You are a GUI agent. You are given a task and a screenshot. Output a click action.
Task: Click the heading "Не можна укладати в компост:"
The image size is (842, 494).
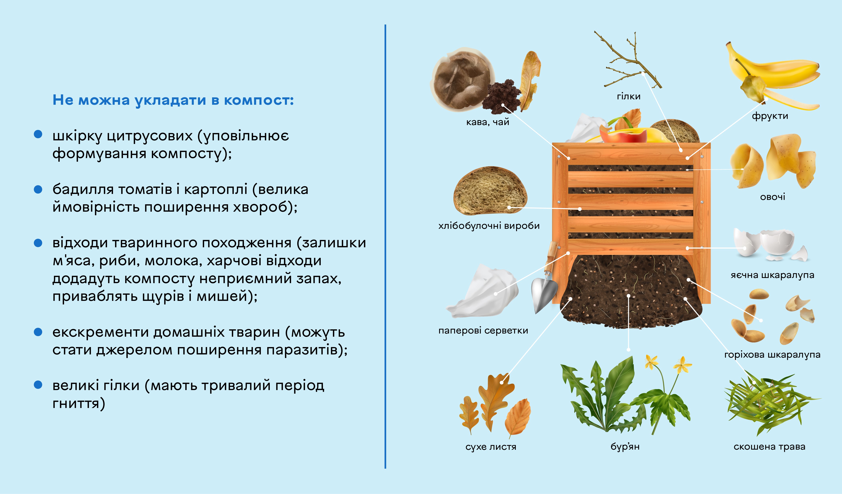[173, 100]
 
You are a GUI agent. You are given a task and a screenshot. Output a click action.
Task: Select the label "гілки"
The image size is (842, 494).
[629, 96]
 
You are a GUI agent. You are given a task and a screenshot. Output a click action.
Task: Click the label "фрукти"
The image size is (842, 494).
[770, 116]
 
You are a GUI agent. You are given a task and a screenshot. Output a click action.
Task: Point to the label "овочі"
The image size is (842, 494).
[773, 197]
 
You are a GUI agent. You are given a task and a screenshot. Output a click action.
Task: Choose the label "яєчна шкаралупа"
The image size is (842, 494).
[772, 275]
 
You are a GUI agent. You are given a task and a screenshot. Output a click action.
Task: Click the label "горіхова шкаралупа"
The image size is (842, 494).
[772, 355]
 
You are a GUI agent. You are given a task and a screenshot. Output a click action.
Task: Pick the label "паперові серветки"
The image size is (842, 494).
[483, 331]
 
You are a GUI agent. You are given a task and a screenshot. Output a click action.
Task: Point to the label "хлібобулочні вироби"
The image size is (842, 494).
[489, 226]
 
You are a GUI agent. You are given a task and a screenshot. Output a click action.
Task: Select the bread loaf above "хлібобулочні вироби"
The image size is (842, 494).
[490, 191]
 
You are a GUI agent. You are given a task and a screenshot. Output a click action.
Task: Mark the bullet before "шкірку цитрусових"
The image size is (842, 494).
[38, 134]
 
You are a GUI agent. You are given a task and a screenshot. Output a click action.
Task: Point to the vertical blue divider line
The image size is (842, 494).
[385, 247]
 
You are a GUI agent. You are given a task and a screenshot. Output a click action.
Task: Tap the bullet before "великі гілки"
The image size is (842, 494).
[38, 385]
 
